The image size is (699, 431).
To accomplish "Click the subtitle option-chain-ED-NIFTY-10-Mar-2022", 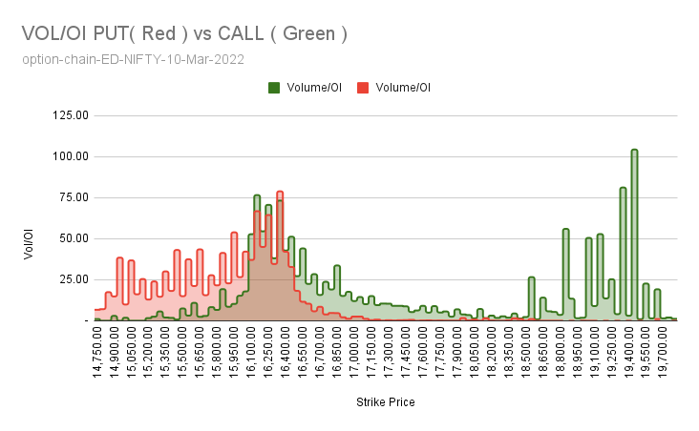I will click(x=133, y=59).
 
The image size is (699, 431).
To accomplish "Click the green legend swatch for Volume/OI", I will click(x=275, y=88).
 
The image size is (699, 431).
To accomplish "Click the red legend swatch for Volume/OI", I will click(x=364, y=88).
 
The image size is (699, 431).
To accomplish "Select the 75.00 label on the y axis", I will click(x=72, y=197).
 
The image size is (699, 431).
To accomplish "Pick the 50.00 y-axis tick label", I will click(x=72, y=238).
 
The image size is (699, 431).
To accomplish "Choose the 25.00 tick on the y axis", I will click(x=72, y=279).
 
